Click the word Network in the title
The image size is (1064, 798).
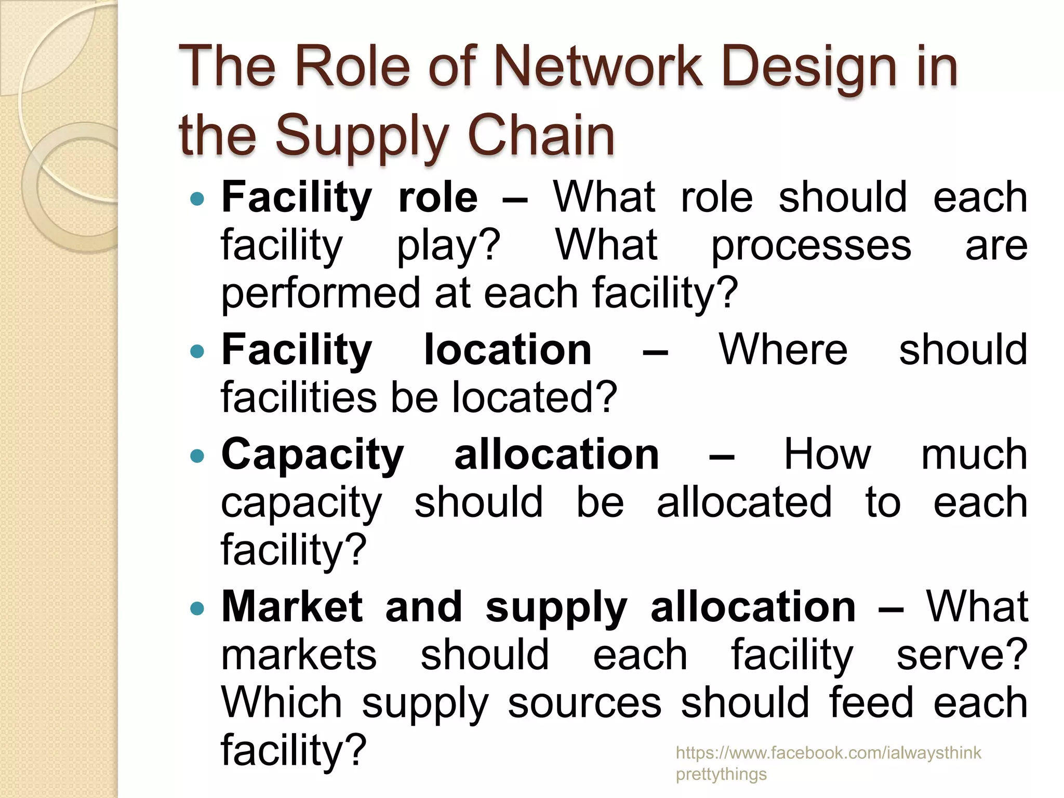[597, 66]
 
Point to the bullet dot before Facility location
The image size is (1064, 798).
[198, 351]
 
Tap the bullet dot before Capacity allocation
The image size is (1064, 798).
[198, 456]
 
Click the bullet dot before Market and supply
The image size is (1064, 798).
[198, 608]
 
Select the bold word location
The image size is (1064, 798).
[508, 350]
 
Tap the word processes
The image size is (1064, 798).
[810, 246]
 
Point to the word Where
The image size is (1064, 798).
[783, 350]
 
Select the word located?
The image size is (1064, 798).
[535, 397]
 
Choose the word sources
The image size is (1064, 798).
[584, 702]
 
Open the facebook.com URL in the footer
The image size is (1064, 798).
[828, 753]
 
